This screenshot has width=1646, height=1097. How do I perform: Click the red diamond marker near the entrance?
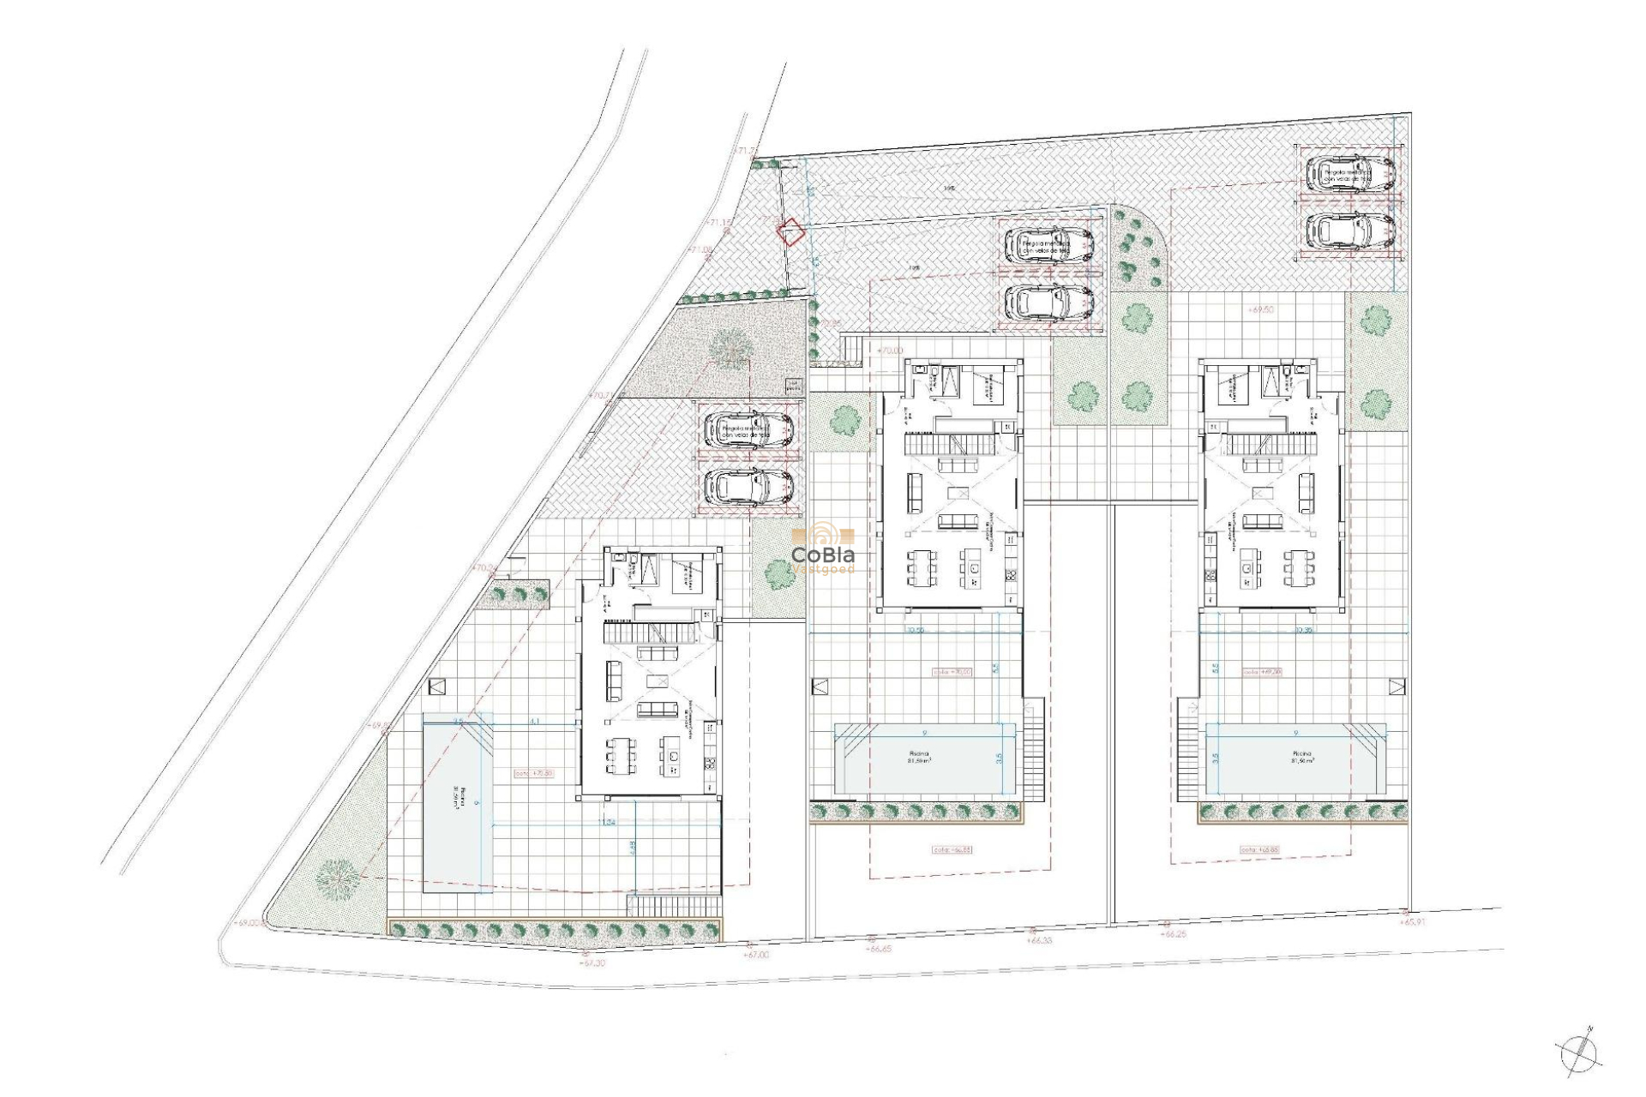tap(792, 232)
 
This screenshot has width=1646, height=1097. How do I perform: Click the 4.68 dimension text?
tap(632, 847)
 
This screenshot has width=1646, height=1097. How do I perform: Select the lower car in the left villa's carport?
tap(748, 487)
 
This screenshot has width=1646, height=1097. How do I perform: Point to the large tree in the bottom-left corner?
tap(336, 878)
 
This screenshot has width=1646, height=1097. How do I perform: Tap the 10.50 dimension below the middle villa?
tap(915, 630)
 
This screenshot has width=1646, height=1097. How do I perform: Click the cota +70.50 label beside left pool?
tap(533, 773)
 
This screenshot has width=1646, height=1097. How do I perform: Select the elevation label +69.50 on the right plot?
tap(1262, 309)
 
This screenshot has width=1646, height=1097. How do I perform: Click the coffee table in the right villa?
tap(1262, 494)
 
